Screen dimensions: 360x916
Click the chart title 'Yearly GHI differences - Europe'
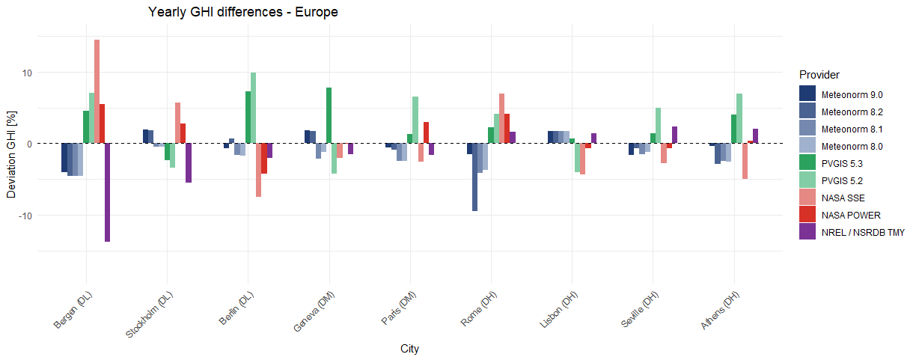242,12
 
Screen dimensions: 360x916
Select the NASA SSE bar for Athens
745,161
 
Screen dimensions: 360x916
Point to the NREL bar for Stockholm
189,162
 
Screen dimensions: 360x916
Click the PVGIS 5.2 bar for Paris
415,120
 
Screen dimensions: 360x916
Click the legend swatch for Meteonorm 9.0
807,94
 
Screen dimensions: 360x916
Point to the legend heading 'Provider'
819,75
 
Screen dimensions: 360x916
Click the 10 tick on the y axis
26,73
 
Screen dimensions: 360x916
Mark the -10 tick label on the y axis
25,216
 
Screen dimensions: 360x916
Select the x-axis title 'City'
409,349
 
